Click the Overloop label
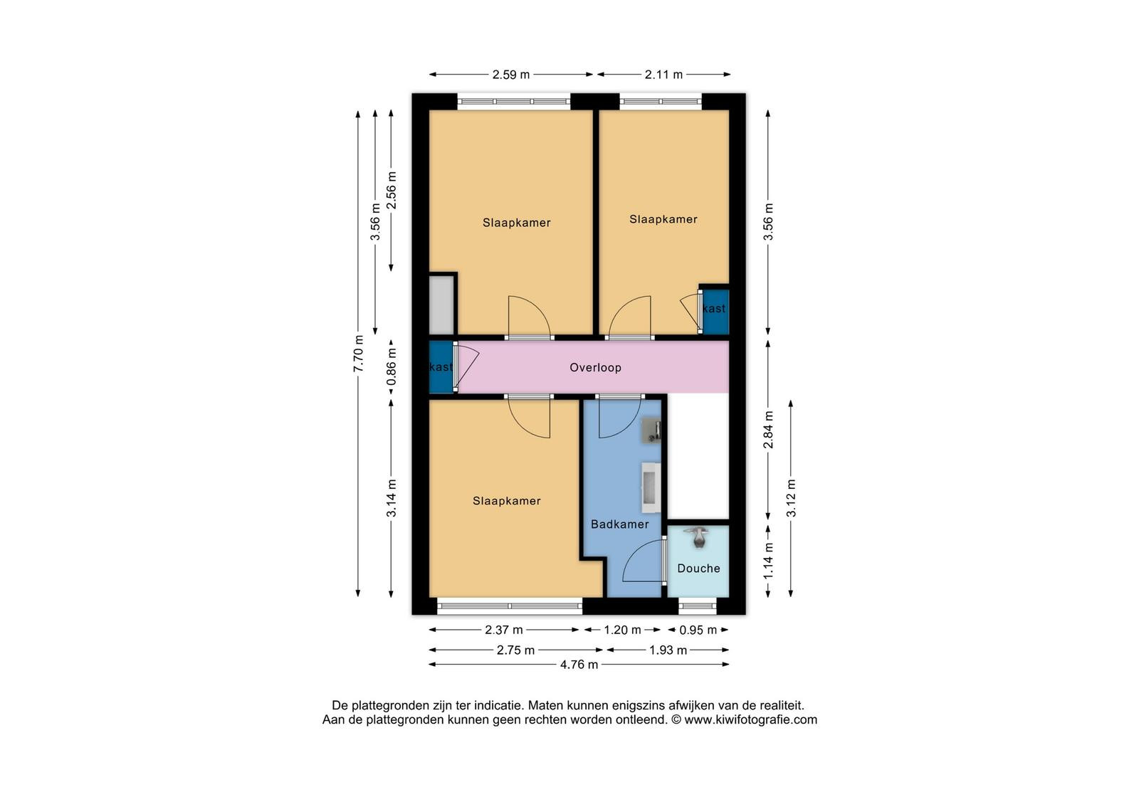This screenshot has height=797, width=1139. (x=595, y=367)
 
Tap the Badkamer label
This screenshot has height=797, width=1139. (x=619, y=524)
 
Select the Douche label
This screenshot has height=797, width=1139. (x=698, y=569)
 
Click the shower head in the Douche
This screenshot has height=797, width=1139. (x=699, y=538)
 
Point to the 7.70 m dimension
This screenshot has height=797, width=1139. (x=359, y=353)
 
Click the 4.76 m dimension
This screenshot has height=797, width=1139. (x=579, y=665)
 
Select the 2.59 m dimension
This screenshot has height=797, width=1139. (x=510, y=75)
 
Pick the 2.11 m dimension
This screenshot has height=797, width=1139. (x=663, y=75)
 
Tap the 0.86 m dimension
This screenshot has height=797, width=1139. (x=391, y=367)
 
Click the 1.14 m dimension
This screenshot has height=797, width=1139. (x=768, y=561)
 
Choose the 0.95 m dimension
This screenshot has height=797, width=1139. (x=698, y=630)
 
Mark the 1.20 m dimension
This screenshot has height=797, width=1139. (x=622, y=630)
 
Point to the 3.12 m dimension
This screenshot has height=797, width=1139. (x=791, y=498)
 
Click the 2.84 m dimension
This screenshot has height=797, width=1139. (x=768, y=430)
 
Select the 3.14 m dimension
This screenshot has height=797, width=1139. (x=391, y=498)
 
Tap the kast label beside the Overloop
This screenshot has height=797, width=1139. (x=441, y=367)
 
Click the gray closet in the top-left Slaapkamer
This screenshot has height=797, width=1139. (x=441, y=305)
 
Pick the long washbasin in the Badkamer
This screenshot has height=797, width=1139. (x=651, y=487)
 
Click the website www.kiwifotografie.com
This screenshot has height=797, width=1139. (x=750, y=719)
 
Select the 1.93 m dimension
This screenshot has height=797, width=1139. (x=668, y=650)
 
